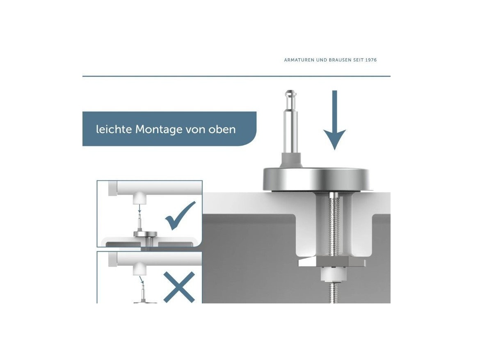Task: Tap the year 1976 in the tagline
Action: point(371,60)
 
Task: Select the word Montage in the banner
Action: point(159,130)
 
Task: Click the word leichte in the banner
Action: point(114,129)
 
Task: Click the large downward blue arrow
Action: point(335,120)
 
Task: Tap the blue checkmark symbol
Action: point(180,216)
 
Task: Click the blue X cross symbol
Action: point(179,287)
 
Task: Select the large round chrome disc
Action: point(317,179)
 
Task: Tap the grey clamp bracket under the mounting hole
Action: point(332,262)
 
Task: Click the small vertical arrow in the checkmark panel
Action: point(139,209)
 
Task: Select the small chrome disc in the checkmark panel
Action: point(145,234)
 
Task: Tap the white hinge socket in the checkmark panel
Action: point(139,198)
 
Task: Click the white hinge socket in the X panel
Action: point(139,269)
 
